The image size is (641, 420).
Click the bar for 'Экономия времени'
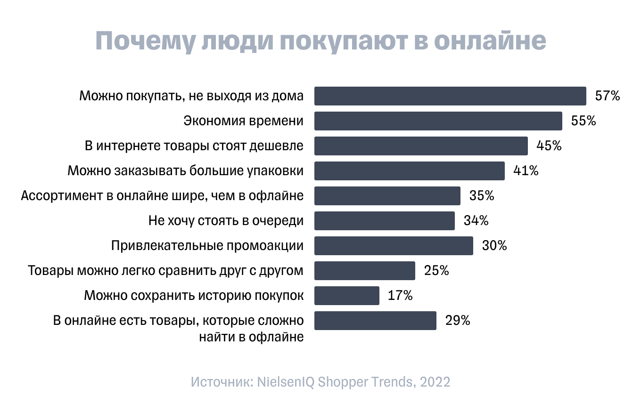pyautogui.click(x=438, y=121)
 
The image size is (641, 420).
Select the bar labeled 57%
pyautogui.click(x=450, y=96)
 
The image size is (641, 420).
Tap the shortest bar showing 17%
pyautogui.click(x=346, y=296)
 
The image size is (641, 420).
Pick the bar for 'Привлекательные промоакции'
pyautogui.click(x=394, y=246)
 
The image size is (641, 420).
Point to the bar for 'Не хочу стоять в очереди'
pyautogui.click(x=384, y=221)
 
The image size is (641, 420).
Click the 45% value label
pyautogui.click(x=549, y=146)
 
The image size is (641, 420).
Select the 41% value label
pyautogui.click(x=526, y=171)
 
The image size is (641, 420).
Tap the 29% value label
pyautogui.click(x=457, y=321)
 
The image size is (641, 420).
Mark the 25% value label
pyautogui.click(x=436, y=271)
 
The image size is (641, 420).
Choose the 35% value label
pyautogui.click(x=481, y=196)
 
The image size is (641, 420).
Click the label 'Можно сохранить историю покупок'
pyautogui.click(x=194, y=296)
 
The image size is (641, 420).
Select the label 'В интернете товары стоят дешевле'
pyautogui.click(x=194, y=146)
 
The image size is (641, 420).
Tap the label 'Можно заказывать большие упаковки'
pyautogui.click(x=185, y=171)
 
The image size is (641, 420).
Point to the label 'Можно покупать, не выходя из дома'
pyautogui.click(x=191, y=96)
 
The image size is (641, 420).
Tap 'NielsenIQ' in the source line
pyautogui.click(x=286, y=382)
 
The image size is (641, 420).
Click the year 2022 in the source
pyautogui.click(x=435, y=382)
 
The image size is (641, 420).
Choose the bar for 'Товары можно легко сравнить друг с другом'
pyautogui.click(x=364, y=271)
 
